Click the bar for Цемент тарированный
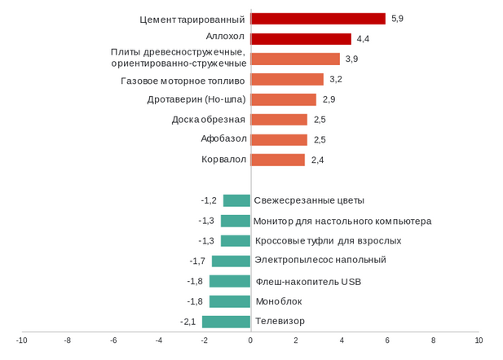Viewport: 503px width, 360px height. (318, 19)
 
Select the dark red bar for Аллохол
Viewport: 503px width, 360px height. (301, 39)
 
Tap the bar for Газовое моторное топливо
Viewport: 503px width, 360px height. (287, 80)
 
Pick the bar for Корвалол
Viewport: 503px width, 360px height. (278, 160)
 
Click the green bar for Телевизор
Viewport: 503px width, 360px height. (227, 322)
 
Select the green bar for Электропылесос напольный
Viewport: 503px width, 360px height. (231, 261)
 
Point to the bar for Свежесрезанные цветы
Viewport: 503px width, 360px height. (236, 200)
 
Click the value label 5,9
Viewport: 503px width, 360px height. (398, 18)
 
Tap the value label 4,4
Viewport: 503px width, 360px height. (364, 39)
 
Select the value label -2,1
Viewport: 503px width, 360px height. (188, 322)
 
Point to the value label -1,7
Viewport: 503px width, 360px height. (197, 261)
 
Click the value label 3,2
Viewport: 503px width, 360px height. (336, 79)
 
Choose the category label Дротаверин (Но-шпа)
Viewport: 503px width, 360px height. (196, 99)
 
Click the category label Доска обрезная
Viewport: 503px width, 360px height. (209, 120)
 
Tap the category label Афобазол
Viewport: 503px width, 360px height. (223, 138)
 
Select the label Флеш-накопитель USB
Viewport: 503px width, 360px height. (308, 282)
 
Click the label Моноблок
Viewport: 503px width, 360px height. (274, 301)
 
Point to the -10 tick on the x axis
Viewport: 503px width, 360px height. (22, 340)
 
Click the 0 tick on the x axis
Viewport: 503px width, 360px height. (250, 340)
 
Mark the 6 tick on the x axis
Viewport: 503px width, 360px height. (387, 340)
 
